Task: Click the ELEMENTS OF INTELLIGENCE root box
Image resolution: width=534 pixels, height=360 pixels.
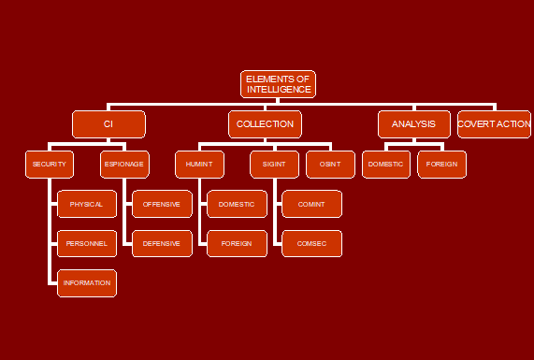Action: pos(278,84)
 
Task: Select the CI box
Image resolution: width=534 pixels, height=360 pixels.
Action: pos(108,124)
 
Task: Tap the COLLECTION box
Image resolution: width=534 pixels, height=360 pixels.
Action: pos(265,124)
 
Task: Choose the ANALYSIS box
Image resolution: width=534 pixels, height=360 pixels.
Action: pos(414,124)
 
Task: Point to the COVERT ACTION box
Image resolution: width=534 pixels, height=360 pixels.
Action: pos(494,124)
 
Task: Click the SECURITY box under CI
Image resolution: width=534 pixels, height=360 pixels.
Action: pos(50,164)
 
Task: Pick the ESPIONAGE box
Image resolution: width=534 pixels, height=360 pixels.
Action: pos(124,164)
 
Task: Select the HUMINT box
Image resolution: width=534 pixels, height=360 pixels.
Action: pos(199,164)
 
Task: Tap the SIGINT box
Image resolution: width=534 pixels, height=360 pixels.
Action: pos(274,164)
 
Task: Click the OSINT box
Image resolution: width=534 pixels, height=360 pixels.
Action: pos(330,164)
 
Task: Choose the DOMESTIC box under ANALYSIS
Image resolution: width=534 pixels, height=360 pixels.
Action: pos(386,164)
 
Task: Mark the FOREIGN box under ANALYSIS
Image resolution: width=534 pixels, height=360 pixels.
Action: pos(441,164)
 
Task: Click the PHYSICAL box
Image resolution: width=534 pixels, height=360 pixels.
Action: pos(87,204)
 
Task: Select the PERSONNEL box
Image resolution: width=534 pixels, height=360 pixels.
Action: pos(87,243)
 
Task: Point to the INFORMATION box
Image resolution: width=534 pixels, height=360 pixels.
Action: pos(87,282)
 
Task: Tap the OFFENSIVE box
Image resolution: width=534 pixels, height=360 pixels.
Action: pos(162,204)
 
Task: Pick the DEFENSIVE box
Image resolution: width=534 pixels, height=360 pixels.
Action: pos(162,243)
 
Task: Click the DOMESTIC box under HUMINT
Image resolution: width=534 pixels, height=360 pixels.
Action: pos(237,204)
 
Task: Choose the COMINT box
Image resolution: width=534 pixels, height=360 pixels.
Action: pos(311,204)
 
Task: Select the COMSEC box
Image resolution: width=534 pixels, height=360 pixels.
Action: pos(311,243)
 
